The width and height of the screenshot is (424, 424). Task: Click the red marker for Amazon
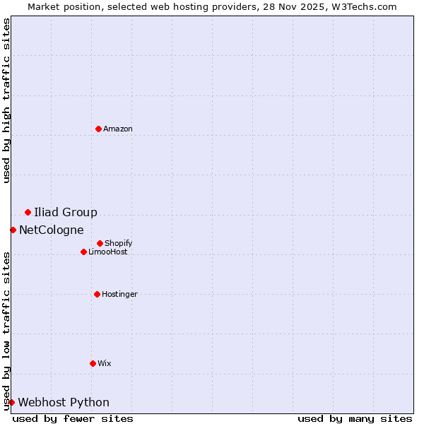(99, 129)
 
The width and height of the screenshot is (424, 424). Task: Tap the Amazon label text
(118, 129)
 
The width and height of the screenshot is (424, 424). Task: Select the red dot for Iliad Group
(28, 212)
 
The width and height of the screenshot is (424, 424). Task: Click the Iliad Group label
(66, 213)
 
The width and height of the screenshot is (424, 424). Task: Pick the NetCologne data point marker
(13, 230)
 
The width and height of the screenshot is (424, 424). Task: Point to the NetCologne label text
(52, 230)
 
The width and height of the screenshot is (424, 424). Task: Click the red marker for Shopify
(100, 243)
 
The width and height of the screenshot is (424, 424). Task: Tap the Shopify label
(119, 244)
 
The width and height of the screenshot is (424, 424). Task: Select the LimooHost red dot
(83, 252)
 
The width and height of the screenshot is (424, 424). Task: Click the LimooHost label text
(108, 252)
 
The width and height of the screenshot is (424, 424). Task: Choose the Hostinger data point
(97, 294)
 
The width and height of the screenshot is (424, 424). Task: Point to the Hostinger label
(119, 295)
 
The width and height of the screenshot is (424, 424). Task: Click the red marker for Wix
(93, 363)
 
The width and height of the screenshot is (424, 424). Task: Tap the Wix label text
(105, 364)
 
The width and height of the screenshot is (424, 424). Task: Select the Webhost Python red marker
(11, 402)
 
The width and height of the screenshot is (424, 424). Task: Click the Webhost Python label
(64, 403)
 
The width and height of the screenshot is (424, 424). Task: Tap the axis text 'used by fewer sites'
(73, 418)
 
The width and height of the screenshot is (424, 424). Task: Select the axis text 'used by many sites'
(355, 418)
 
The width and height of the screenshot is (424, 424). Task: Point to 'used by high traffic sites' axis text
(7, 100)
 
